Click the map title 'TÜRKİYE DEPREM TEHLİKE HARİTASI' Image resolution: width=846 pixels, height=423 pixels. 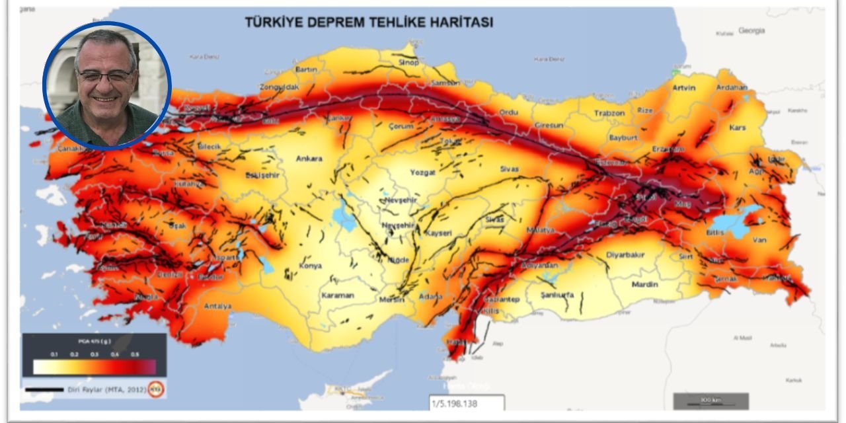(x=369, y=22)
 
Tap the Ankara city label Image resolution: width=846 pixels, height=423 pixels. (x=309, y=159)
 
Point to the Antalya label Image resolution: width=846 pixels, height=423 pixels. (x=217, y=306)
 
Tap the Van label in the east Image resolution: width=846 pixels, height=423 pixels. (x=759, y=240)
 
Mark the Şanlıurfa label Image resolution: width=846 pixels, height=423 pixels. (x=557, y=295)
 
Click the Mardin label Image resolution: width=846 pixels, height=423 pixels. (x=644, y=284)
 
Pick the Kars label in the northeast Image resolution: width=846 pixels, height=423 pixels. (x=737, y=127)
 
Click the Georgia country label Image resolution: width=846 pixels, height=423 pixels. (x=751, y=30)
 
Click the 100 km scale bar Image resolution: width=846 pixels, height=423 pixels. (x=711, y=401)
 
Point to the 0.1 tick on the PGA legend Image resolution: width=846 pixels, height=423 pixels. (x=53, y=355)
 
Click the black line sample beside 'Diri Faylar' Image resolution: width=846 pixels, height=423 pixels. (x=44, y=390)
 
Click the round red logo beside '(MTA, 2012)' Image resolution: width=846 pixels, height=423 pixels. (x=155, y=389)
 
